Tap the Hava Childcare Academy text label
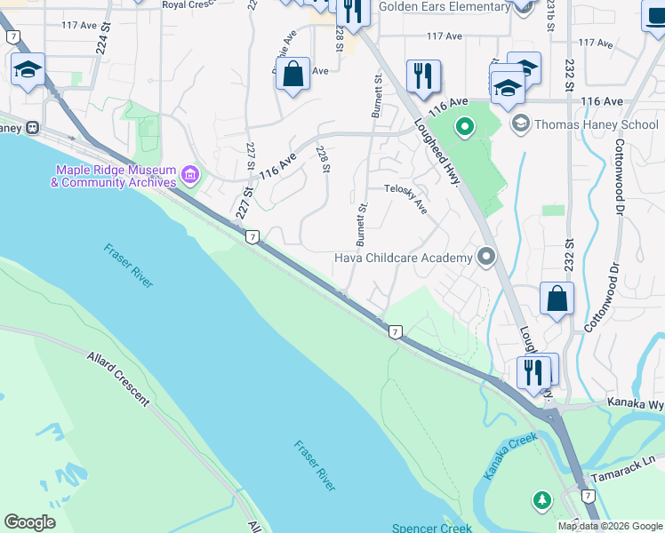coord(403,259)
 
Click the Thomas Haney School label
coord(596,124)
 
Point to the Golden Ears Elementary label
coord(444,6)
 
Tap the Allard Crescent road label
coord(118,377)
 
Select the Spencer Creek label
coord(433,527)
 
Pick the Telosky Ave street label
coord(405,198)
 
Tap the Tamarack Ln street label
coord(630,467)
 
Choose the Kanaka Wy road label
coord(635,402)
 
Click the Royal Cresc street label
coord(190,4)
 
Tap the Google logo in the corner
coord(30,521)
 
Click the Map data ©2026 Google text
coord(609,526)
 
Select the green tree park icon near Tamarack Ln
coord(541,501)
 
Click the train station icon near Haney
coord(34,127)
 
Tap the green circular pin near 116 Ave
coord(463,127)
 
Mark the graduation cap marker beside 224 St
coord(28,70)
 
